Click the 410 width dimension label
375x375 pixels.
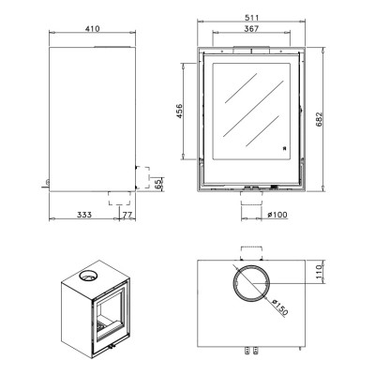[x=93, y=29]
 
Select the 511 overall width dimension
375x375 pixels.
[x=251, y=18]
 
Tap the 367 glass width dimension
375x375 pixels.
[x=251, y=29]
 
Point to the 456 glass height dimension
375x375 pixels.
[x=179, y=112]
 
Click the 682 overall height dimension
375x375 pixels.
[x=319, y=119]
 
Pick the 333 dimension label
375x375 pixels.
[x=84, y=215]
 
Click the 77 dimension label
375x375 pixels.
[x=127, y=215]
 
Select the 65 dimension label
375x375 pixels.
[x=158, y=183]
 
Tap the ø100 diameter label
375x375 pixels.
[x=277, y=215]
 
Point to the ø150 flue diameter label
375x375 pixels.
[x=279, y=307]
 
